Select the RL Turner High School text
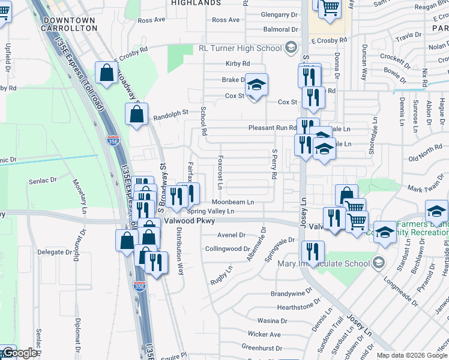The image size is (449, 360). coord(241,48)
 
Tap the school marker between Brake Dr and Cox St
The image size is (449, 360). coord(256,85)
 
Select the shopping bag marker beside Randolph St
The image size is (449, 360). coord(136,114)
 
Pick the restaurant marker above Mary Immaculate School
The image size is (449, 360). coord(312,251)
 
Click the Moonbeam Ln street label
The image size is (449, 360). coord(233,202)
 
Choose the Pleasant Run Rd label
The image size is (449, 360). coord(273,128)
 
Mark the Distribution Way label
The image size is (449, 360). coord(181,246)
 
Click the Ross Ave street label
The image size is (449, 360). coord(151,20)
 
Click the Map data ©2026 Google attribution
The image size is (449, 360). coord(411,355)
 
